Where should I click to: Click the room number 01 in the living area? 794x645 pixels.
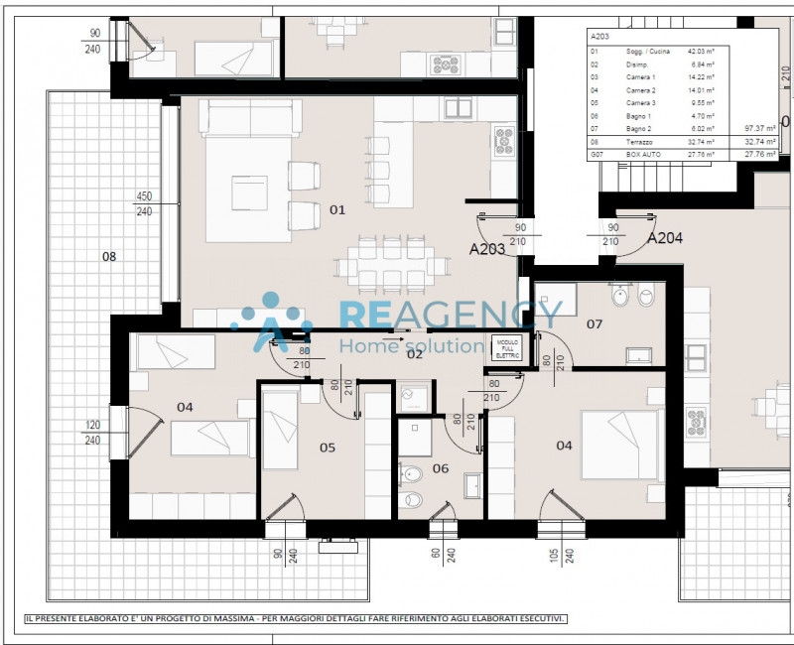click(337, 209)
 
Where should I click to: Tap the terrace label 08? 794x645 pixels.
click(109, 257)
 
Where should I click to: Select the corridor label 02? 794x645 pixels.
click(414, 354)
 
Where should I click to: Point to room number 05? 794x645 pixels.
click(328, 448)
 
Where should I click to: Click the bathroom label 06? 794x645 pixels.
click(441, 468)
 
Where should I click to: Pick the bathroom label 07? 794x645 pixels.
click(595, 323)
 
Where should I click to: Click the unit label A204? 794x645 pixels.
click(665, 238)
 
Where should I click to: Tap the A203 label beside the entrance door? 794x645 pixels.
click(487, 249)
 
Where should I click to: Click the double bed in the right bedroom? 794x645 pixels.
click(620, 446)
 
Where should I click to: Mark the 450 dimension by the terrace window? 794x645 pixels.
click(144, 196)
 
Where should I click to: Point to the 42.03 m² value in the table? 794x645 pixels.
click(703, 51)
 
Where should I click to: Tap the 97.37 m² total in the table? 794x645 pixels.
click(760, 129)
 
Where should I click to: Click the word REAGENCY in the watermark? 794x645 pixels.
click(452, 315)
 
